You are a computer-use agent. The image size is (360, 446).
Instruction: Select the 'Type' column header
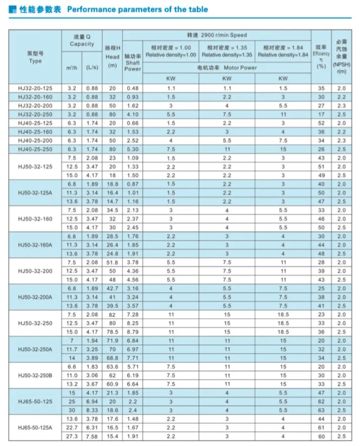pos(35,61)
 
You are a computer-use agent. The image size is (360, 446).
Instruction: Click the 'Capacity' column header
pos(82,44)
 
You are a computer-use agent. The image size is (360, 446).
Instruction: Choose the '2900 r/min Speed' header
pos(217,35)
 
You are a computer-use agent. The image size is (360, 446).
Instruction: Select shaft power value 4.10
pos(133,115)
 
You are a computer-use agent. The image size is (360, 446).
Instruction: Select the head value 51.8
pos(112,263)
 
